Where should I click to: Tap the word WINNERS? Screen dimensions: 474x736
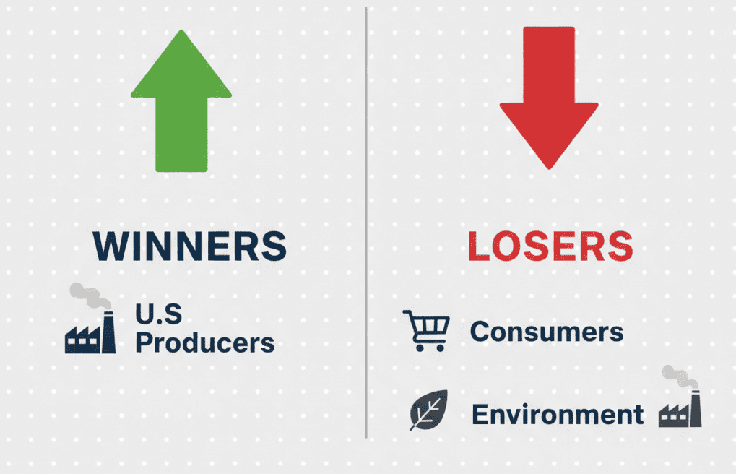190,247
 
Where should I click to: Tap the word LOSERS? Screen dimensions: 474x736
550,247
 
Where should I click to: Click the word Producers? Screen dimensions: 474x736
205,342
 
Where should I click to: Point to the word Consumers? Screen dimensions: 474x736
546,332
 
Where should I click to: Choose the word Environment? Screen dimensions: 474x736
557,415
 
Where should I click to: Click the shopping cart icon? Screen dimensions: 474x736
425,331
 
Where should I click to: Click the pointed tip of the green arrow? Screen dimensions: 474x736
181,33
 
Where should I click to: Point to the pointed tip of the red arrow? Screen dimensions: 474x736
549,167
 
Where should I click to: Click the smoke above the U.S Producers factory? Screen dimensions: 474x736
90,296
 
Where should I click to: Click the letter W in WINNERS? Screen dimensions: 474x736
111,247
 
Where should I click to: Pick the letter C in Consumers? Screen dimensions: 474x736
480,332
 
